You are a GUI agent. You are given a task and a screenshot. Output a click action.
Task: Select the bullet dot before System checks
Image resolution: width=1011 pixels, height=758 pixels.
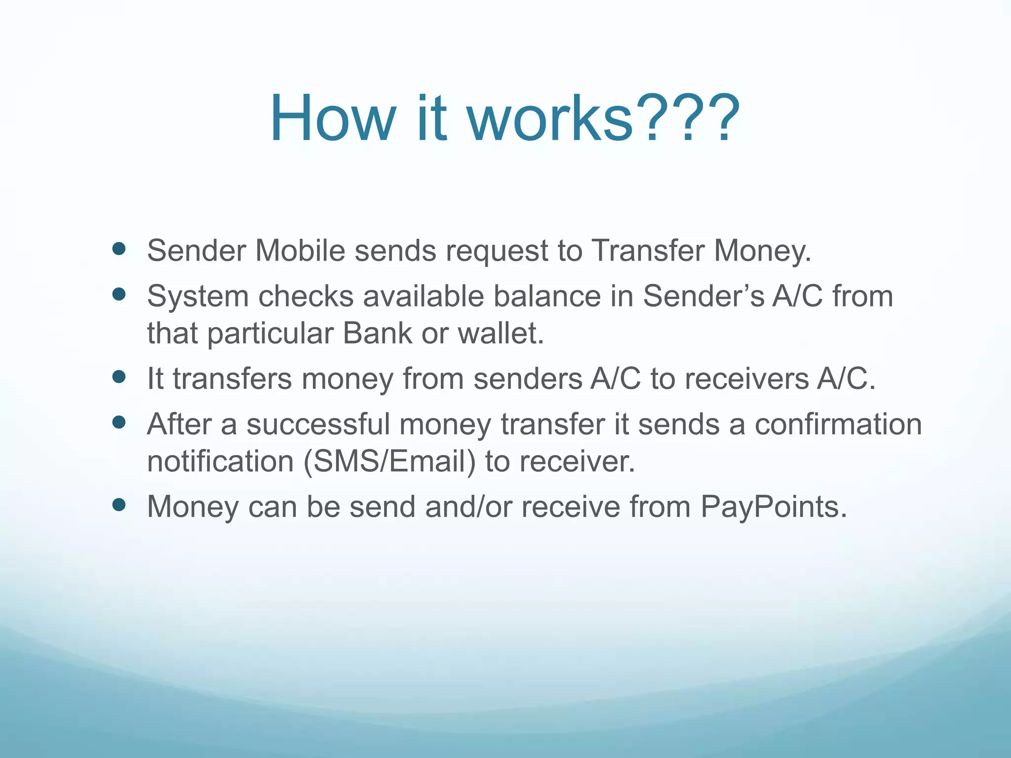[119, 295]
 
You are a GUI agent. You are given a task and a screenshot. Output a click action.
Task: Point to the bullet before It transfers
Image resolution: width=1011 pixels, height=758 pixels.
[119, 378]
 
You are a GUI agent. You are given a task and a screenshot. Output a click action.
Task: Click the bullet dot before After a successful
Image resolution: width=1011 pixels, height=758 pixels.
[119, 422]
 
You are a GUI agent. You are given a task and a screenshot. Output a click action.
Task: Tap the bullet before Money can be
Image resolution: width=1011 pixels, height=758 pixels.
[119, 505]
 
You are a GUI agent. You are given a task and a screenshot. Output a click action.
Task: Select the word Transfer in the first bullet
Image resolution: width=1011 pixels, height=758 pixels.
[648, 250]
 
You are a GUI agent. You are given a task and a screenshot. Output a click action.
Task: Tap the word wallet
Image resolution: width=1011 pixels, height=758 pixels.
[501, 333]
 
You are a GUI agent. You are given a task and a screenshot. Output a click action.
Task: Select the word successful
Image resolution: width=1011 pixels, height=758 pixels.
[318, 424]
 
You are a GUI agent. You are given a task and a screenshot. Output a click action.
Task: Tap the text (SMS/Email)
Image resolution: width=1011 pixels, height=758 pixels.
[389, 462]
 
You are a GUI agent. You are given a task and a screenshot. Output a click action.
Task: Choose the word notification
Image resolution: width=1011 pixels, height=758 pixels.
[221, 462]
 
